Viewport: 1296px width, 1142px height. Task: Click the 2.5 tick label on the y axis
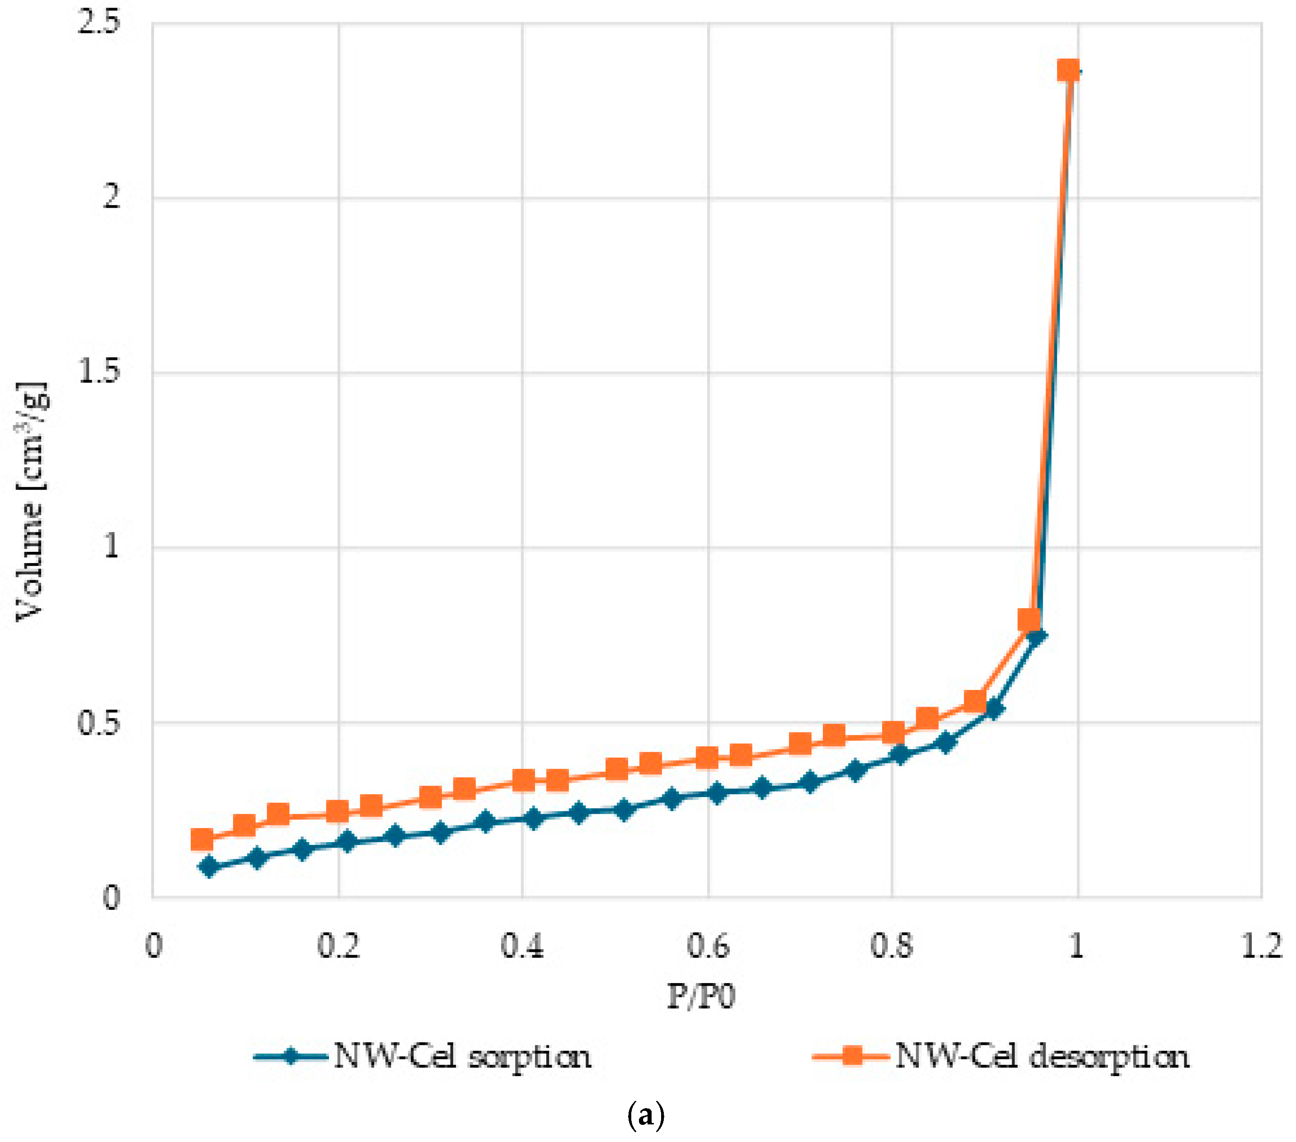(98, 23)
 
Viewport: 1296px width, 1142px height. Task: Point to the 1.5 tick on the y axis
(98, 371)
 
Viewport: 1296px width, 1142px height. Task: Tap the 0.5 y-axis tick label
(98, 722)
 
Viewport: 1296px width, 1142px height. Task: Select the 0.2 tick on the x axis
(338, 946)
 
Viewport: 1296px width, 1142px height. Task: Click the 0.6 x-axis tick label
(708, 946)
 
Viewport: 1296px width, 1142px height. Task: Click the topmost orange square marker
(1068, 70)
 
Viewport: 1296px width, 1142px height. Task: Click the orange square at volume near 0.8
(1028, 620)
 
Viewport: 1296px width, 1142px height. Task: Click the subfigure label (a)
(645, 1115)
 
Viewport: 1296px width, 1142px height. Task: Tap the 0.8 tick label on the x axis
(892, 946)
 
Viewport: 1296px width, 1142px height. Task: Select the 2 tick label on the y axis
(111, 197)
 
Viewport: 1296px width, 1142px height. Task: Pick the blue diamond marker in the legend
(291, 1057)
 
